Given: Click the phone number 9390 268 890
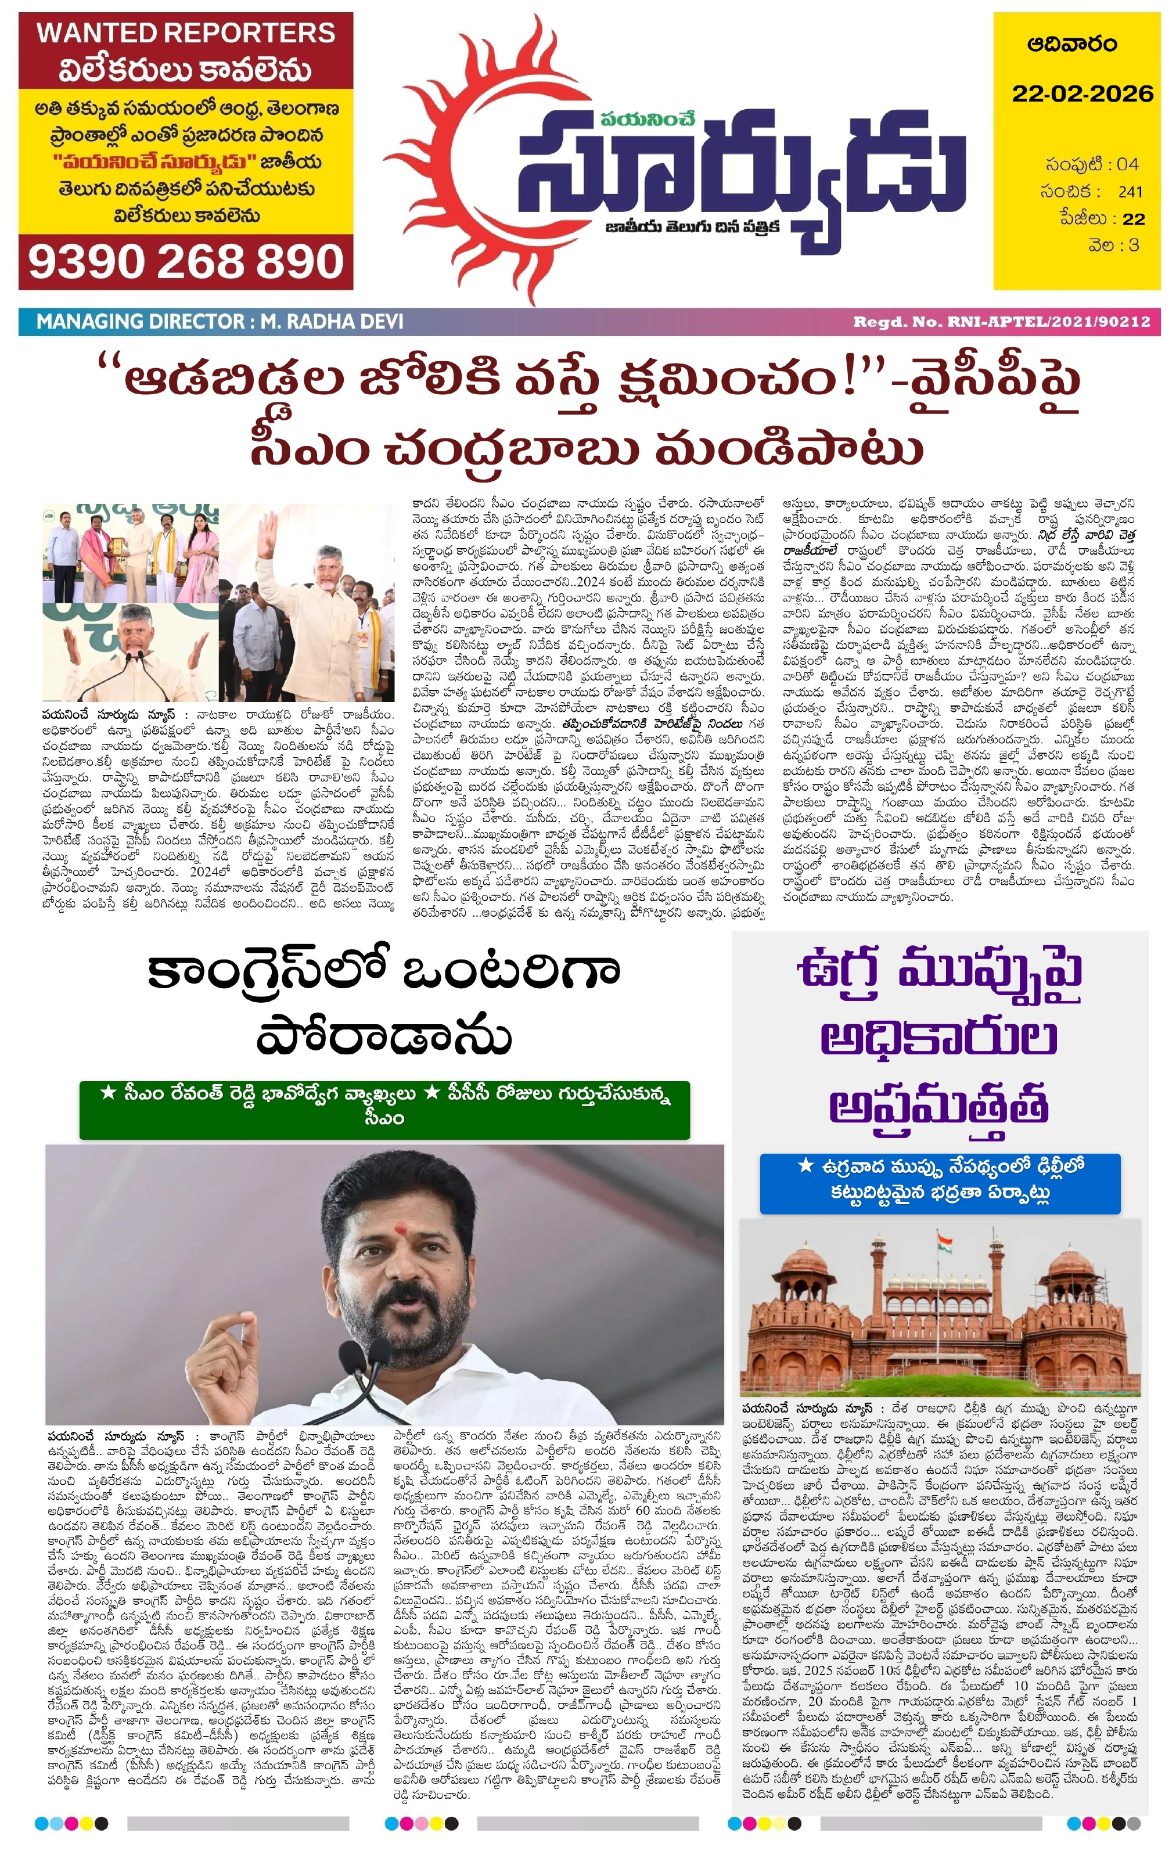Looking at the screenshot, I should [x=185, y=262].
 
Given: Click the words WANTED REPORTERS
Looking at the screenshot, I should [x=186, y=33].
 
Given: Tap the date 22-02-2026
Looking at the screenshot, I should [x=1082, y=94].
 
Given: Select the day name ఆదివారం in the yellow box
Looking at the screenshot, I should [x=1072, y=44].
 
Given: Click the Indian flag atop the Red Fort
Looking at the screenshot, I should [x=944, y=1243].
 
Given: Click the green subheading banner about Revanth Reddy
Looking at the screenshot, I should [x=384, y=1109].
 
